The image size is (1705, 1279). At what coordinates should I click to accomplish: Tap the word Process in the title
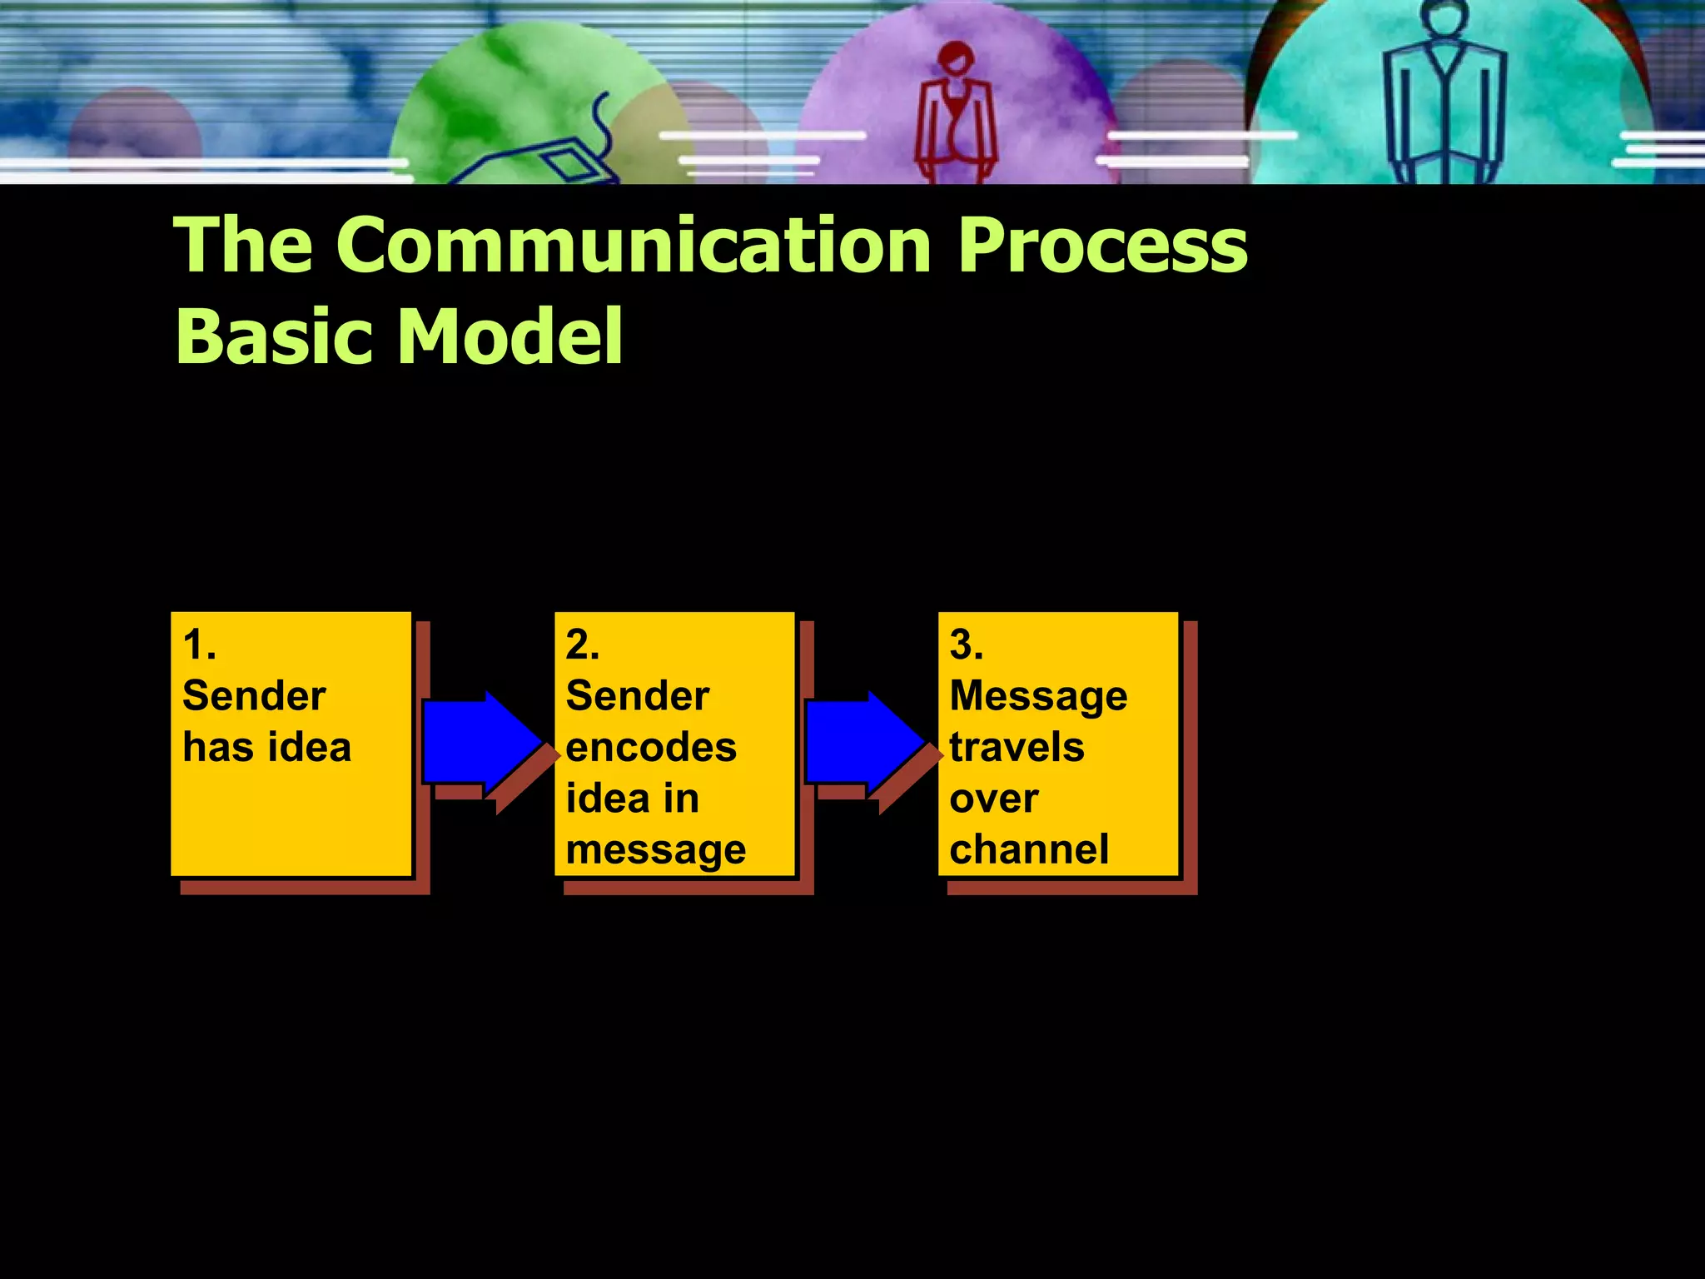pyautogui.click(x=1102, y=245)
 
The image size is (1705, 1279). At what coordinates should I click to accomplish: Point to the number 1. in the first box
pyautogui.click(x=199, y=644)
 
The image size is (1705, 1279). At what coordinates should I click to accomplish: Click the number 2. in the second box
pyautogui.click(x=582, y=644)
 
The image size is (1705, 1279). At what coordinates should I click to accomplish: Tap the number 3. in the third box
pyautogui.click(x=966, y=644)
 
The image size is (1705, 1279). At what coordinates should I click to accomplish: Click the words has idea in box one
pyautogui.click(x=266, y=747)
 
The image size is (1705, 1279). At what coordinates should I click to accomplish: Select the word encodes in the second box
pyautogui.click(x=651, y=747)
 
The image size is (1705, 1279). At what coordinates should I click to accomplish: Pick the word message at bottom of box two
pyautogui.click(x=655, y=850)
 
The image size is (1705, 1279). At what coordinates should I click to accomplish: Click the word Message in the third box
pyautogui.click(x=1038, y=696)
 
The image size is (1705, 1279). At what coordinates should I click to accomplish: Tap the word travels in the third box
pyautogui.click(x=1017, y=747)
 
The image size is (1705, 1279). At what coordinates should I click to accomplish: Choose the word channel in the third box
pyautogui.click(x=1029, y=849)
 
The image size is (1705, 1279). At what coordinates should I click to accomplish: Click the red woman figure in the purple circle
pyautogui.click(x=956, y=112)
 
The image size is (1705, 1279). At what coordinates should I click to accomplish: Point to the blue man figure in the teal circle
pyautogui.click(x=1445, y=96)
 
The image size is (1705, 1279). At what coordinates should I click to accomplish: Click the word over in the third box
pyautogui.click(x=993, y=799)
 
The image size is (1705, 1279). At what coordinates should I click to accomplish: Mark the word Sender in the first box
pyautogui.click(x=254, y=696)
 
